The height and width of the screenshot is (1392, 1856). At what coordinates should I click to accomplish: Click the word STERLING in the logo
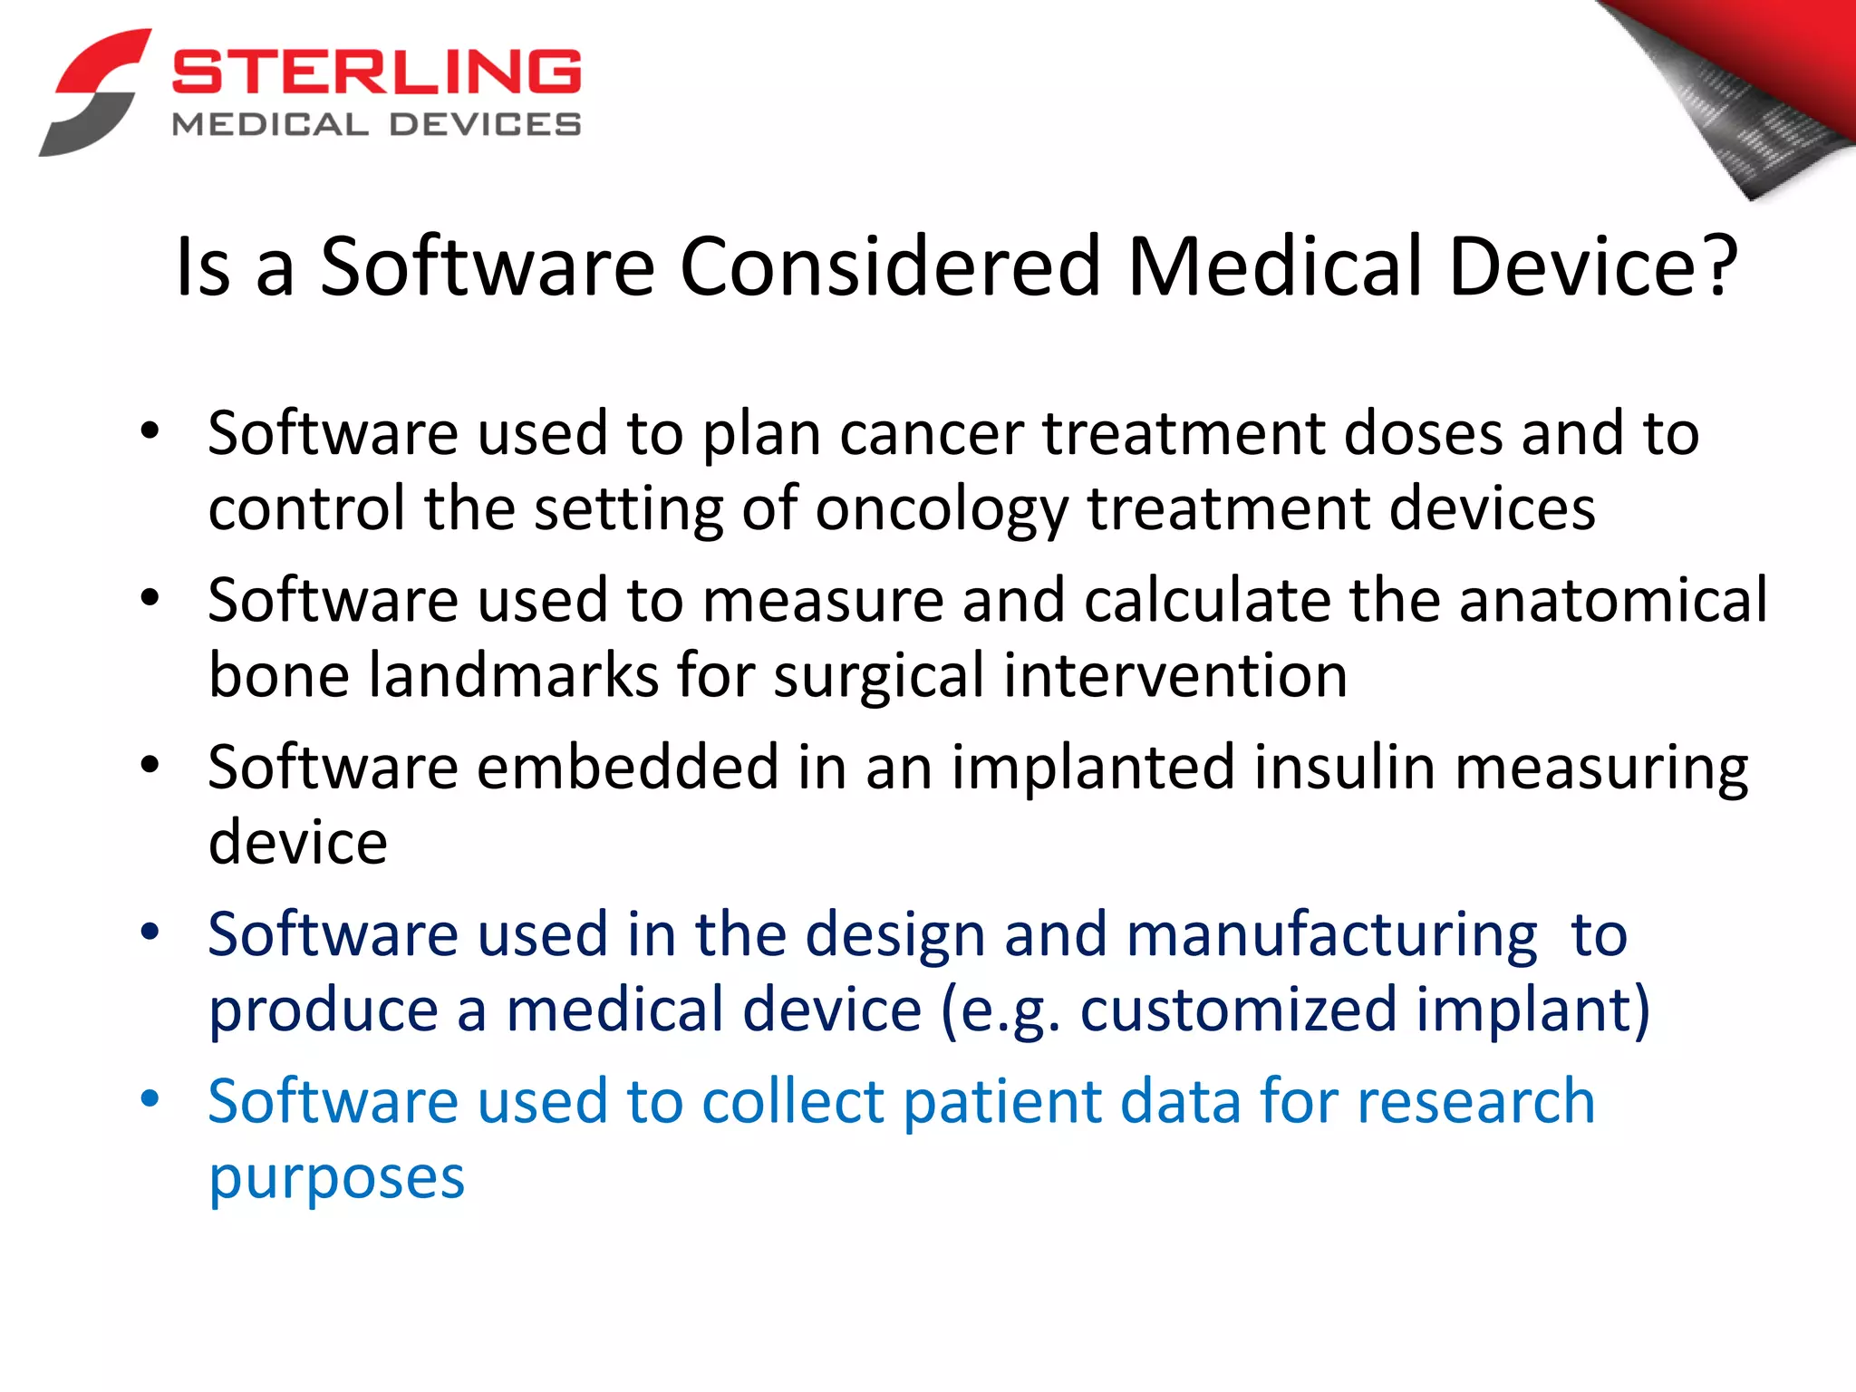pos(376,72)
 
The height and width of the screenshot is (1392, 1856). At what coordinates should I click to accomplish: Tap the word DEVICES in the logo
pos(486,125)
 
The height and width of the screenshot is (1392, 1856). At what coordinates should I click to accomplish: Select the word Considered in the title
pos(889,266)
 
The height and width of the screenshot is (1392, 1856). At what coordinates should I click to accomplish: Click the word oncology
pos(942,509)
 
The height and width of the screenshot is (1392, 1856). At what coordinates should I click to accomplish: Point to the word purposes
pos(336,1178)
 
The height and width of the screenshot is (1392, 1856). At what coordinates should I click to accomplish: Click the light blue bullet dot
pos(150,1099)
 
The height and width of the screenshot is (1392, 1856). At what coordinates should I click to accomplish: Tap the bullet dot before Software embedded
pos(150,765)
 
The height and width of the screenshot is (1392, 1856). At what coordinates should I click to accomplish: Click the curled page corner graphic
pos(1740,91)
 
